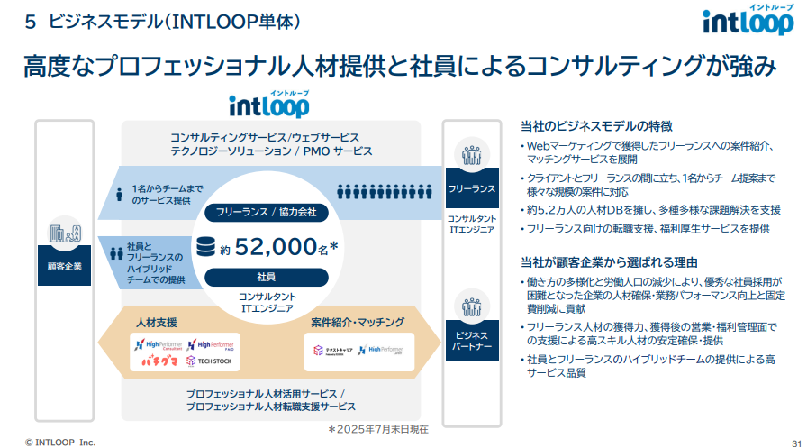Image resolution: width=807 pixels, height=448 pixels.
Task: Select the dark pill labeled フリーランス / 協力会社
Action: [x=259, y=213]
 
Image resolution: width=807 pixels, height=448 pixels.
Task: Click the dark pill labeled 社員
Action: [x=259, y=276]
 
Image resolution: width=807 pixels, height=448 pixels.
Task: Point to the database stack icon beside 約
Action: [x=207, y=246]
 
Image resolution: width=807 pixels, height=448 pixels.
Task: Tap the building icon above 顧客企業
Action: [x=64, y=233]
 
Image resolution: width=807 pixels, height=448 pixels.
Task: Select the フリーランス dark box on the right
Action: [x=471, y=189]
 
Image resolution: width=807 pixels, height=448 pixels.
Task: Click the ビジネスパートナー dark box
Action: [x=471, y=341]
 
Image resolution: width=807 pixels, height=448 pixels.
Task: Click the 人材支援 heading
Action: [x=157, y=322]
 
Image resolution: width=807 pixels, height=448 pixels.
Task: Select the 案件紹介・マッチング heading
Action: [x=358, y=322]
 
